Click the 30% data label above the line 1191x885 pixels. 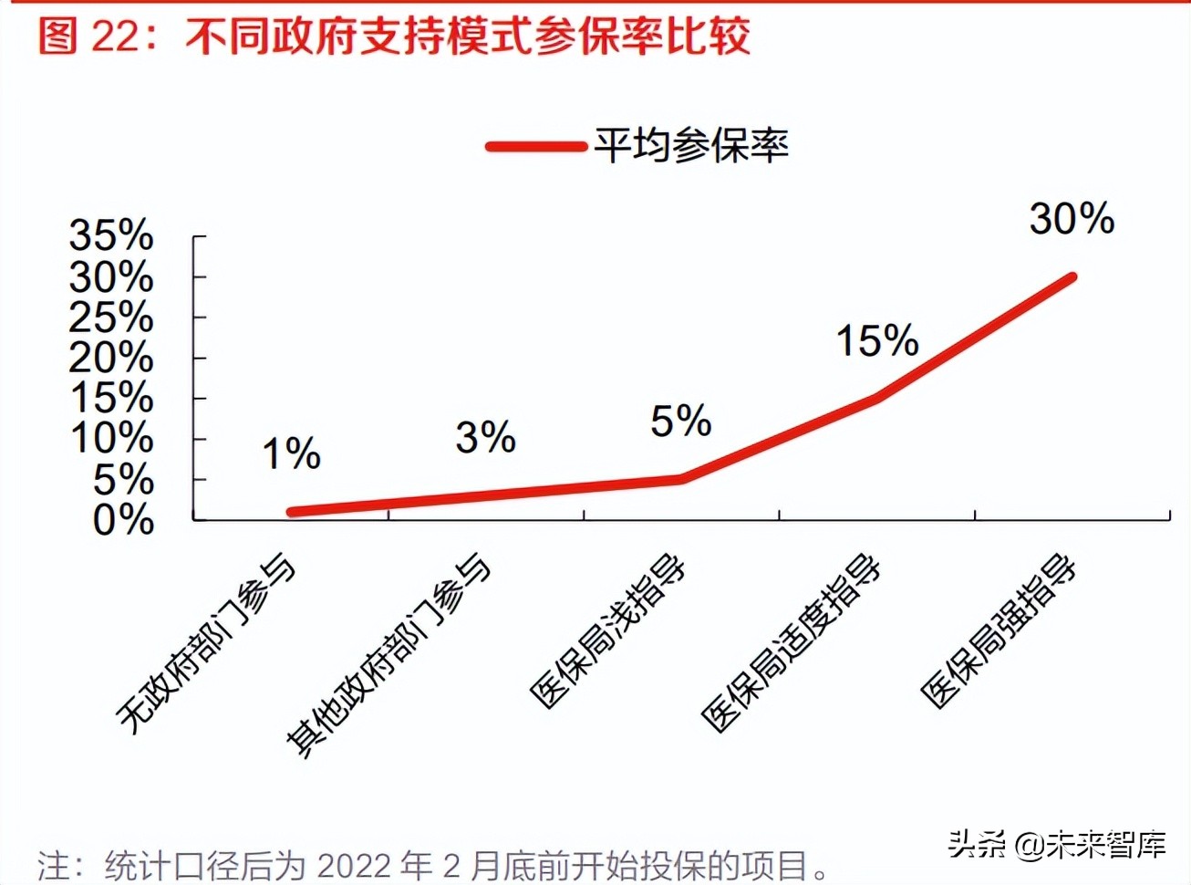click(x=1072, y=219)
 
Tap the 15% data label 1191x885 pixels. click(x=877, y=341)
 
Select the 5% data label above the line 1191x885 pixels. click(x=680, y=422)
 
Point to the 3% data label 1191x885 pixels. click(x=486, y=438)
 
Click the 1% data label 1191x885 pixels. click(x=292, y=454)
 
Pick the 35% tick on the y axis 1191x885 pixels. click(x=111, y=236)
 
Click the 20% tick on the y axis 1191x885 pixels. click(x=111, y=358)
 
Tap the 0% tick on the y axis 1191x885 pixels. click(x=123, y=520)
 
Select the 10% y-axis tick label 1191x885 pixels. click(x=111, y=439)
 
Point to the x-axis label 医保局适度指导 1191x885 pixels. click(x=792, y=643)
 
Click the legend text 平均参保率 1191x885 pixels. click(x=690, y=146)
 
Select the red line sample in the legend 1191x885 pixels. click(x=535, y=146)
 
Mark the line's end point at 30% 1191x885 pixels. click(x=1072, y=277)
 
